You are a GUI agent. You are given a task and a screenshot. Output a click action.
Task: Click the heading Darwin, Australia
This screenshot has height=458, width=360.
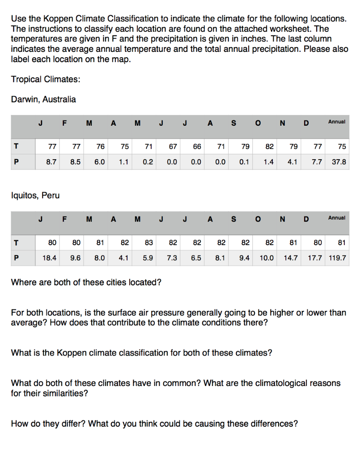tap(43, 99)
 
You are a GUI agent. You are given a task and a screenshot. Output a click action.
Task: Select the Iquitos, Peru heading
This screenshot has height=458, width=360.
tap(35, 195)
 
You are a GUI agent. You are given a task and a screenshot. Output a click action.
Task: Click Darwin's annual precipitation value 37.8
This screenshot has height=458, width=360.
tap(339, 162)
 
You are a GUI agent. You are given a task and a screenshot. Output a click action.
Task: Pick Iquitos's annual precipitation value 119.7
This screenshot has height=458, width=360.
tap(336, 258)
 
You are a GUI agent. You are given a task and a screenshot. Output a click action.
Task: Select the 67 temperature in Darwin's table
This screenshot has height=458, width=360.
tap(172, 146)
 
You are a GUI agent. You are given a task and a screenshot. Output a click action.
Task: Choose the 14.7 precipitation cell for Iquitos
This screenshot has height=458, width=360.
tap(291, 258)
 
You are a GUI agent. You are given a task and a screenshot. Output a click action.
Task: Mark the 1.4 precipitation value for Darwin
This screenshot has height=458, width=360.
tap(268, 162)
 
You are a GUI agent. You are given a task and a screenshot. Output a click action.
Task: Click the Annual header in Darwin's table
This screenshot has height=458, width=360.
tap(337, 122)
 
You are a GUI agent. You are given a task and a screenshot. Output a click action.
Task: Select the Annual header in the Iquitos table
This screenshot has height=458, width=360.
tap(337, 218)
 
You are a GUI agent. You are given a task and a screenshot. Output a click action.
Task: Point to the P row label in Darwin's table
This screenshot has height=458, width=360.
tap(17, 162)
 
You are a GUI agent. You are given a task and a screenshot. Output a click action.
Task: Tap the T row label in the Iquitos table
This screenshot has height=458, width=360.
tap(17, 242)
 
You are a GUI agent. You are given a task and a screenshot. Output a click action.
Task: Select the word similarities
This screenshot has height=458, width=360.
tap(65, 394)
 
